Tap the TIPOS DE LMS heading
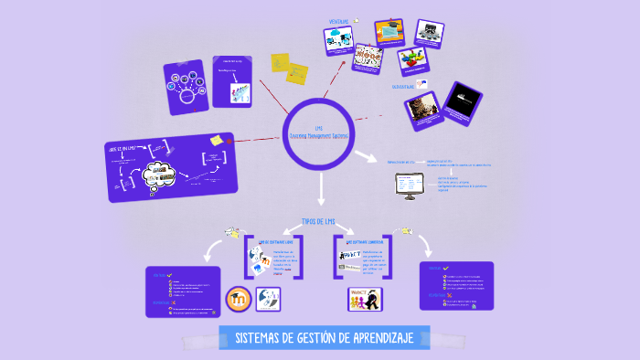tap(321, 221)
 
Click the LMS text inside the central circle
tap(318, 128)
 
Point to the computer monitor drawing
tap(409, 185)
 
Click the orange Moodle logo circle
tap(240, 299)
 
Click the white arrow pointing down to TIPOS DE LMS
tap(321, 189)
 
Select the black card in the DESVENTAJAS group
tap(464, 101)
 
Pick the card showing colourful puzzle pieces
tap(412, 60)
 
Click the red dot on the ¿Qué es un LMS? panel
tap(229, 142)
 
